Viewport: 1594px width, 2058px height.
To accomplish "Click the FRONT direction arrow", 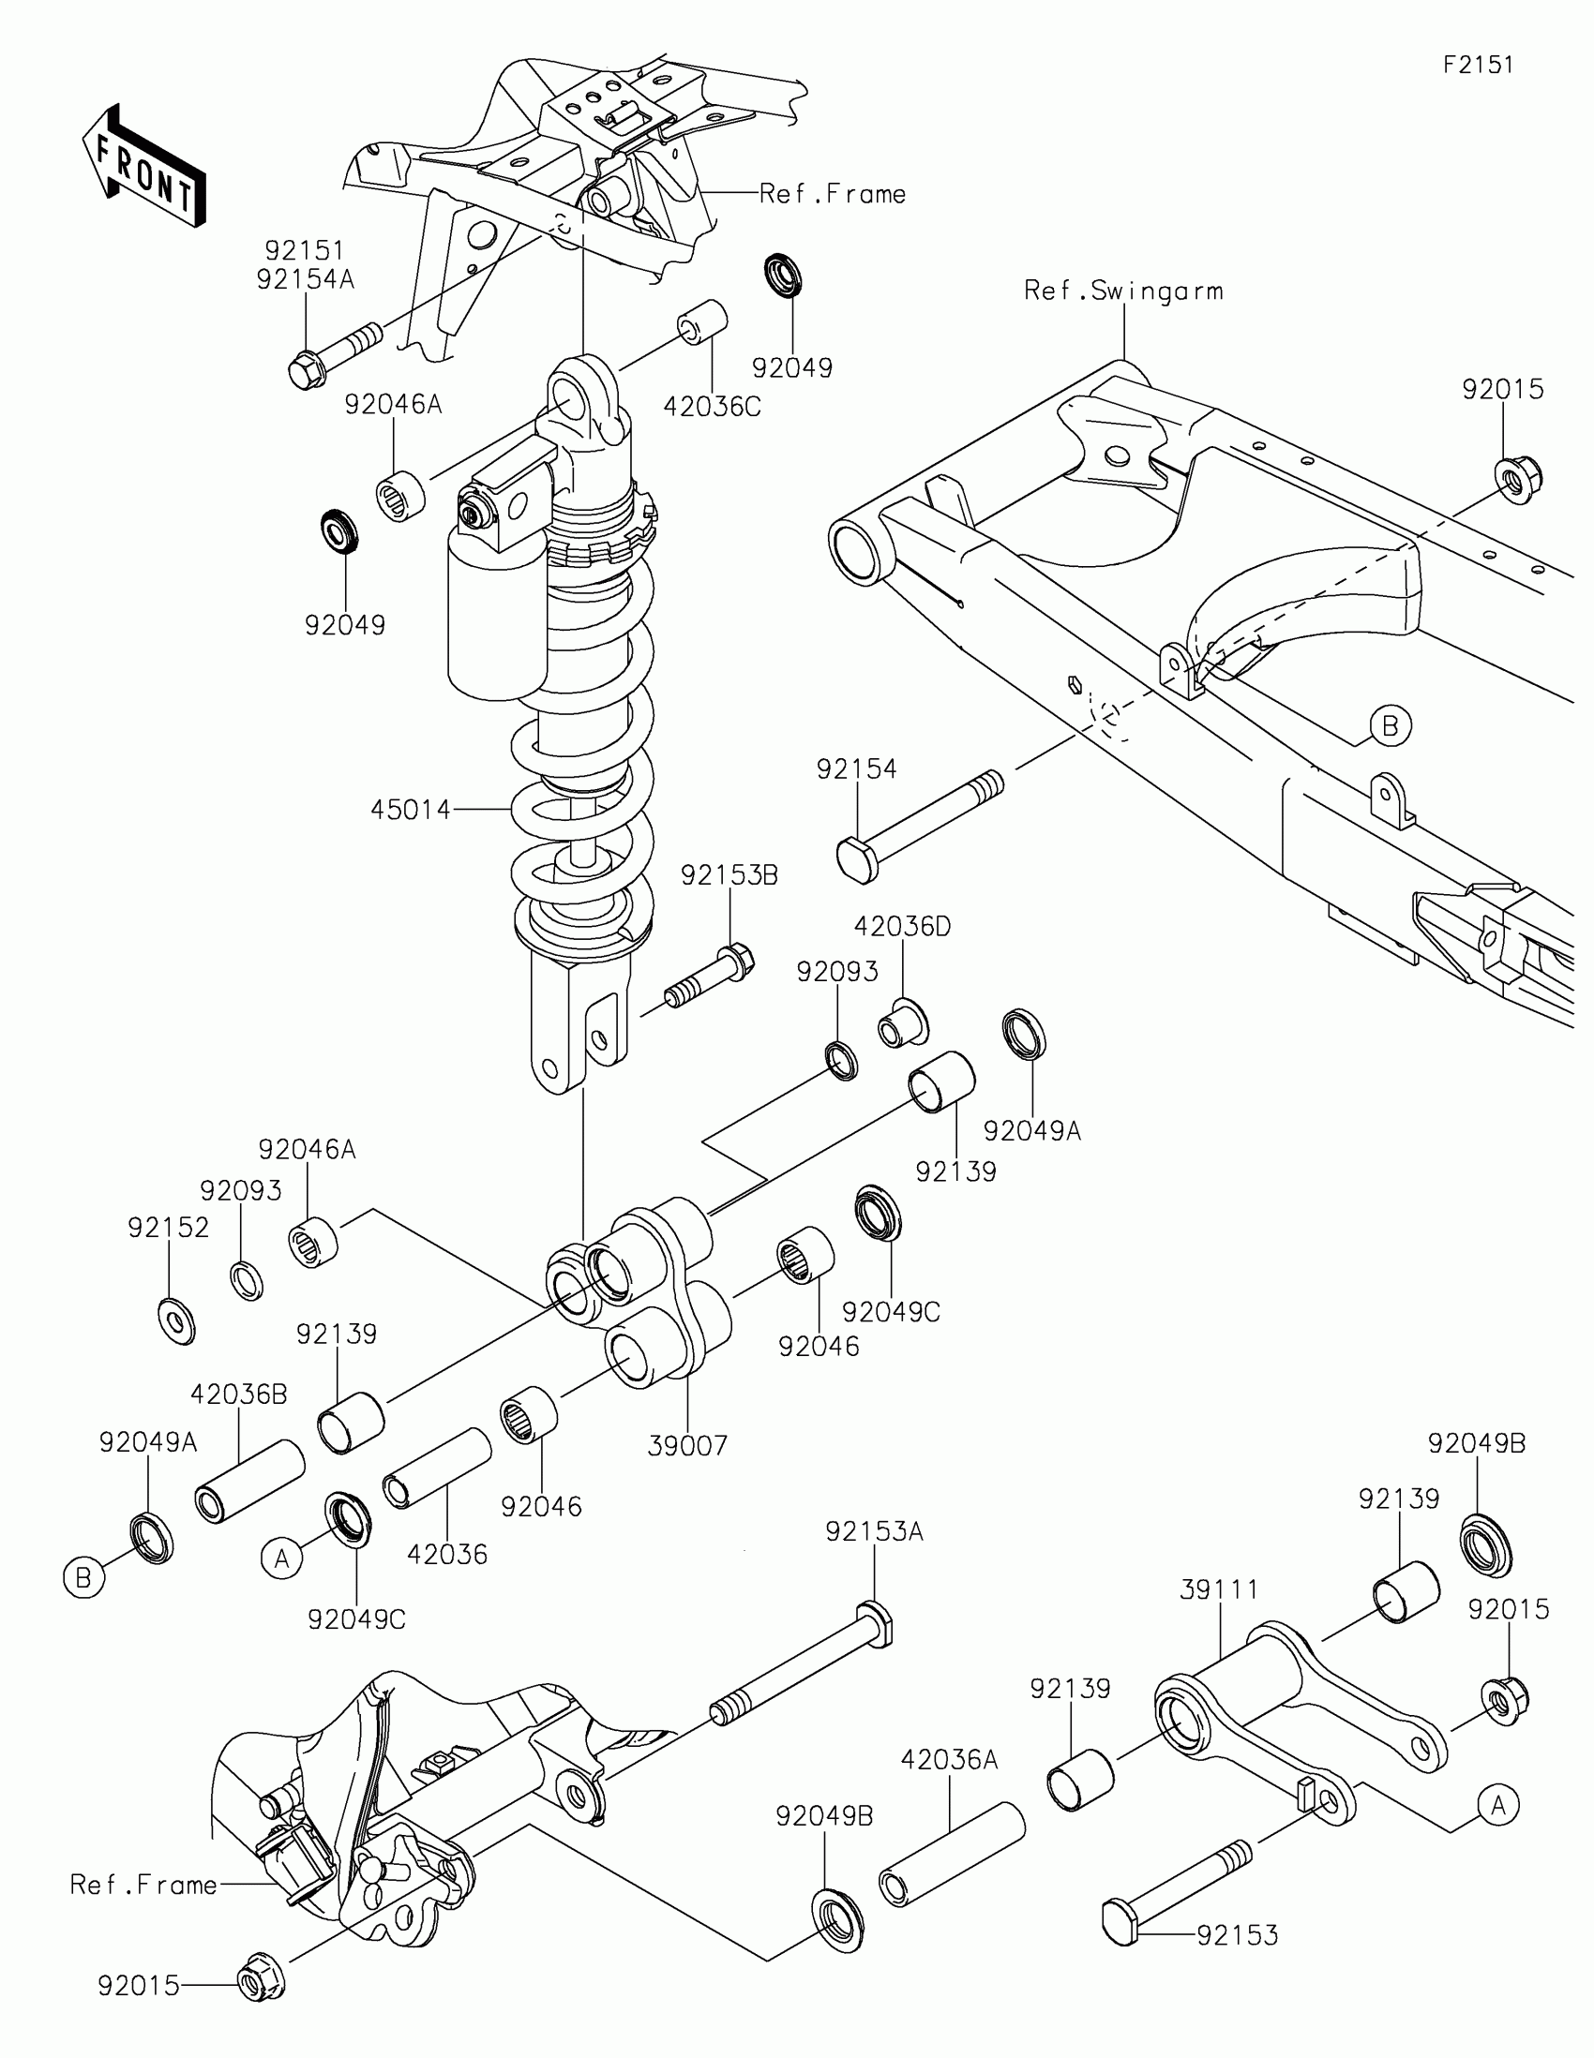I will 143,166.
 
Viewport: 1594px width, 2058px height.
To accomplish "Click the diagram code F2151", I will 1478,65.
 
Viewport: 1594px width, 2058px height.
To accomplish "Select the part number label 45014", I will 410,810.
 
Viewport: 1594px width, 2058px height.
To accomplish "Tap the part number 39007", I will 687,1445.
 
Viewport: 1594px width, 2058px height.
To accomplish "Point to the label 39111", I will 1219,1589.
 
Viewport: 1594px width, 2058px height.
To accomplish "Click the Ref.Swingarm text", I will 1123,291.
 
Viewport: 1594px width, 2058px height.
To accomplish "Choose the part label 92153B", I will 729,875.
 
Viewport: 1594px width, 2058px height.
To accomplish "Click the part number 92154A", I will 305,280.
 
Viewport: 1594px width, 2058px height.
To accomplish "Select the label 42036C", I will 712,406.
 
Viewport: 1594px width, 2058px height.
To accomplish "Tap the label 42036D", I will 902,926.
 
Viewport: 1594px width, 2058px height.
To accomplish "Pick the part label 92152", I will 169,1228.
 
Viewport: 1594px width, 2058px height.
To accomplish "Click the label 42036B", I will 238,1394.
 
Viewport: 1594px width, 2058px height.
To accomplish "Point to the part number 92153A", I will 874,1532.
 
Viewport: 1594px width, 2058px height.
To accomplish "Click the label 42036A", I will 948,1759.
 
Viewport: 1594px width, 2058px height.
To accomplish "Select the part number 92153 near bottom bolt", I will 1237,1935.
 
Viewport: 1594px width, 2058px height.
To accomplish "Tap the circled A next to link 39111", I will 1497,1806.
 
